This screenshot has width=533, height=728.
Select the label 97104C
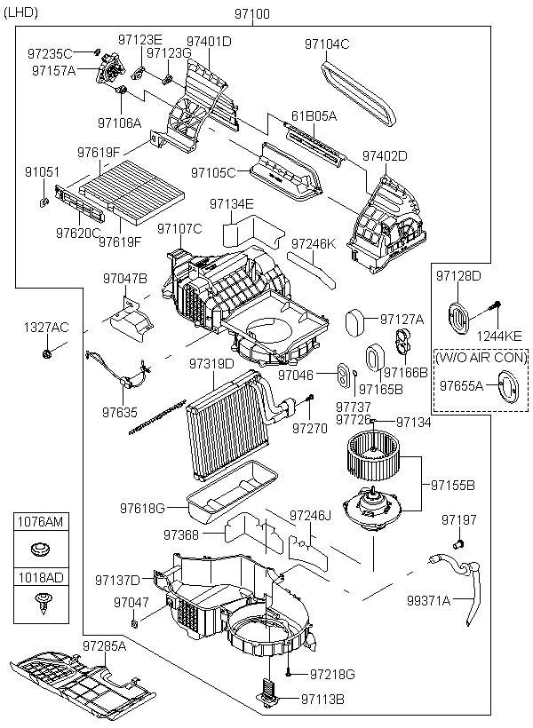(327, 44)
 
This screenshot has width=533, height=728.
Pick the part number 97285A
(105, 645)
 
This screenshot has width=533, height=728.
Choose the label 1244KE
(502, 335)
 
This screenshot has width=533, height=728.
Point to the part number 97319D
(211, 364)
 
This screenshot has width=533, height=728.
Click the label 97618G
(143, 508)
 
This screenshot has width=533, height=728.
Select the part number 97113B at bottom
(322, 700)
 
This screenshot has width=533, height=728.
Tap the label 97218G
(332, 676)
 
